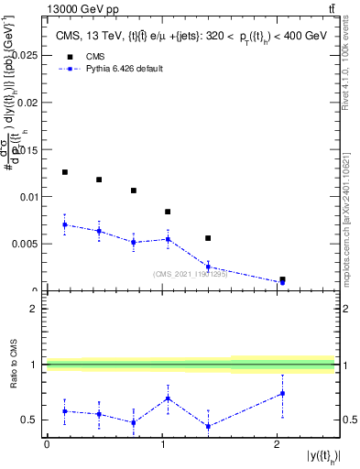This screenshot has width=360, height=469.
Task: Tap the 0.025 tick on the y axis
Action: [27, 55]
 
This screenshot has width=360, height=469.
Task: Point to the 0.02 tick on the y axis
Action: [29, 102]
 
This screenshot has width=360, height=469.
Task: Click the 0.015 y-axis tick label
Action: [27, 149]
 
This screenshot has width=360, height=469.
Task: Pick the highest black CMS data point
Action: [64, 172]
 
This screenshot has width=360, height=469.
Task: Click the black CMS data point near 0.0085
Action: [168, 212]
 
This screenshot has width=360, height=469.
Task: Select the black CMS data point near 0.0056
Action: [208, 238]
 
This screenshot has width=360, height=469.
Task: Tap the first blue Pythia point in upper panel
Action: [64, 224]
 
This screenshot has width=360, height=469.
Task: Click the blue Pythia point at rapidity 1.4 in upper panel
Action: [208, 267]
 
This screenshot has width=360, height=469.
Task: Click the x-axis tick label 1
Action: [162, 444]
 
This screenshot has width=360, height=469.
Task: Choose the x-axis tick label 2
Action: [278, 444]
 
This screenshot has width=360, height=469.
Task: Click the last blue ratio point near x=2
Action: [282, 393]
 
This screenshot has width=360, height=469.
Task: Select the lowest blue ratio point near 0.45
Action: [208, 426]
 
